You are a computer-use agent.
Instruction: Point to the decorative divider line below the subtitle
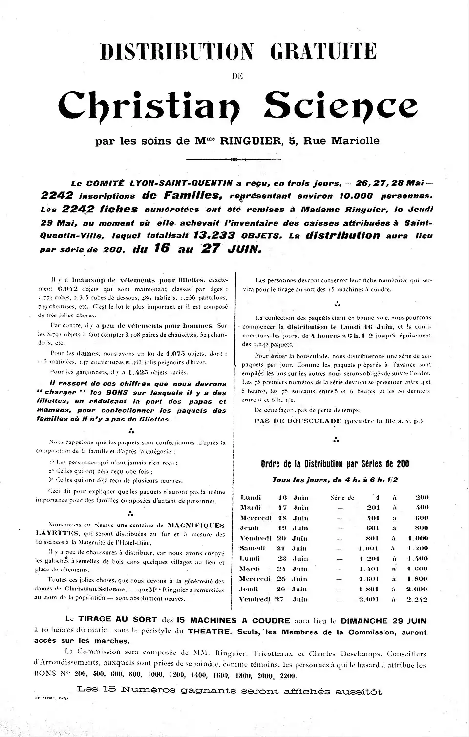click(234, 159)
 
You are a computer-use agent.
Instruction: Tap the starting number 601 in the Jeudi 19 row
click(373, 528)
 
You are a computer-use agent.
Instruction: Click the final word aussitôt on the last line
click(361, 691)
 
